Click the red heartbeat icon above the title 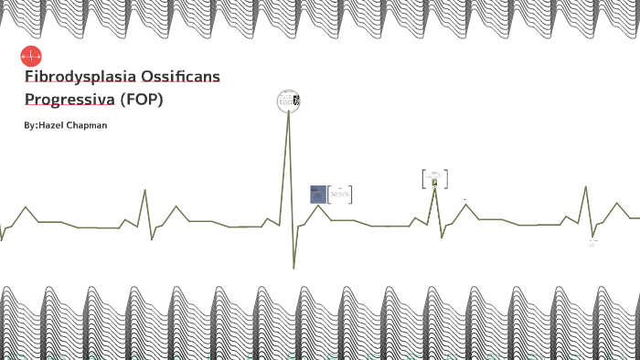click(x=31, y=56)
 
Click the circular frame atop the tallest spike click(x=288, y=101)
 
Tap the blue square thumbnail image click(x=318, y=194)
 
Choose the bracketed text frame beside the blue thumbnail click(x=340, y=194)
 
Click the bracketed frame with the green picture click(x=434, y=179)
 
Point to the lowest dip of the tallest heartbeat click(x=293, y=267)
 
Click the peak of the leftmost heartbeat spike click(x=144, y=190)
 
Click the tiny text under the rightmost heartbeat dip click(x=592, y=243)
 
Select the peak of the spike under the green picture click(x=435, y=188)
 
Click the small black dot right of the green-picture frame click(x=465, y=198)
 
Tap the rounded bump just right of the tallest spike click(x=318, y=206)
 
